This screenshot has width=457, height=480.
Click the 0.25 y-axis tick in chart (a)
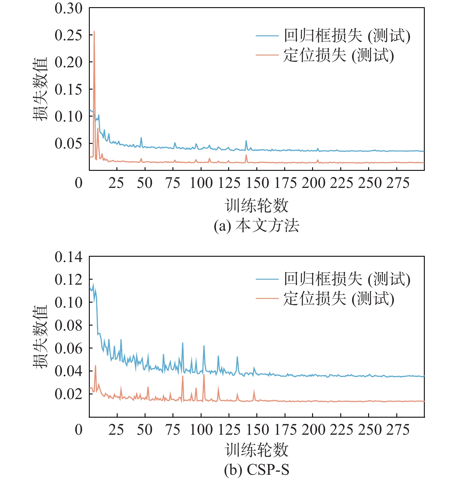68,35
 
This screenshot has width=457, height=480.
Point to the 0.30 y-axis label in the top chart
68,8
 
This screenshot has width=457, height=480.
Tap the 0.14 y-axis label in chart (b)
68,257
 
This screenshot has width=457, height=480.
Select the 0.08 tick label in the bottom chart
68,325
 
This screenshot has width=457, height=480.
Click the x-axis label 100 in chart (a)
201,183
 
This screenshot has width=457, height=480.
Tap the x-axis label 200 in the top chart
313,183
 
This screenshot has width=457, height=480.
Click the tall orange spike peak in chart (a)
94,32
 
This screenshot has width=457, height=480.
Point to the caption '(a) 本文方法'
256,226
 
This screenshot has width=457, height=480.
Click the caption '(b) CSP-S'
256,470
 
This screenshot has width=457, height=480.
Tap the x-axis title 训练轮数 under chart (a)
256,206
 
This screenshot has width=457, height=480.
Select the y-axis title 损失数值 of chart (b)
41,337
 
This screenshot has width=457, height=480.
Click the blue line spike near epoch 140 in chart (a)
246,141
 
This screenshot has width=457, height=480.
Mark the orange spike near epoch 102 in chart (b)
204,375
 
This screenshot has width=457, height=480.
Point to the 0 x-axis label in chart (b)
79,430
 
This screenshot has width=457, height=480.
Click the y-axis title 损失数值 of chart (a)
41,89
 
